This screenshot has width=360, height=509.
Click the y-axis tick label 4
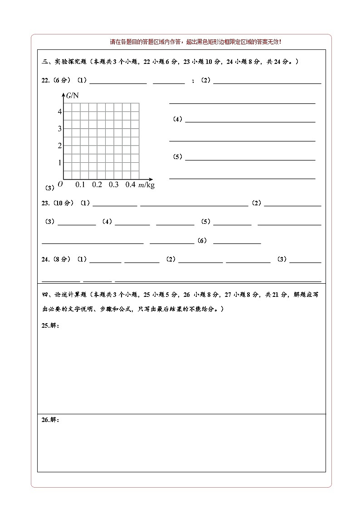point(59,111)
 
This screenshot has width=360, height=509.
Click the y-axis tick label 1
point(59,162)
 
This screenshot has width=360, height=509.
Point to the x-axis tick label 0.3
point(113,184)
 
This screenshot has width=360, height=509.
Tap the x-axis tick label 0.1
point(80,184)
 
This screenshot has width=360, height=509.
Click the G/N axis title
point(73,95)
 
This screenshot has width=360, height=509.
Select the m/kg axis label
point(146,185)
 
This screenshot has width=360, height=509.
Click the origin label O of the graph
point(60,184)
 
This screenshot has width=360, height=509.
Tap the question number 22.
point(45,81)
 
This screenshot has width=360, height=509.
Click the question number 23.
point(45,203)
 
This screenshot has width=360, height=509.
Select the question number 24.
point(45,259)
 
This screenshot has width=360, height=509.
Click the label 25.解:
point(50,325)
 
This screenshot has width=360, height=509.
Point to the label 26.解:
point(50,420)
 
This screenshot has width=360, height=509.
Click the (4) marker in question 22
point(177,119)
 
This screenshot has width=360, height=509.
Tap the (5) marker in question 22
point(177,157)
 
